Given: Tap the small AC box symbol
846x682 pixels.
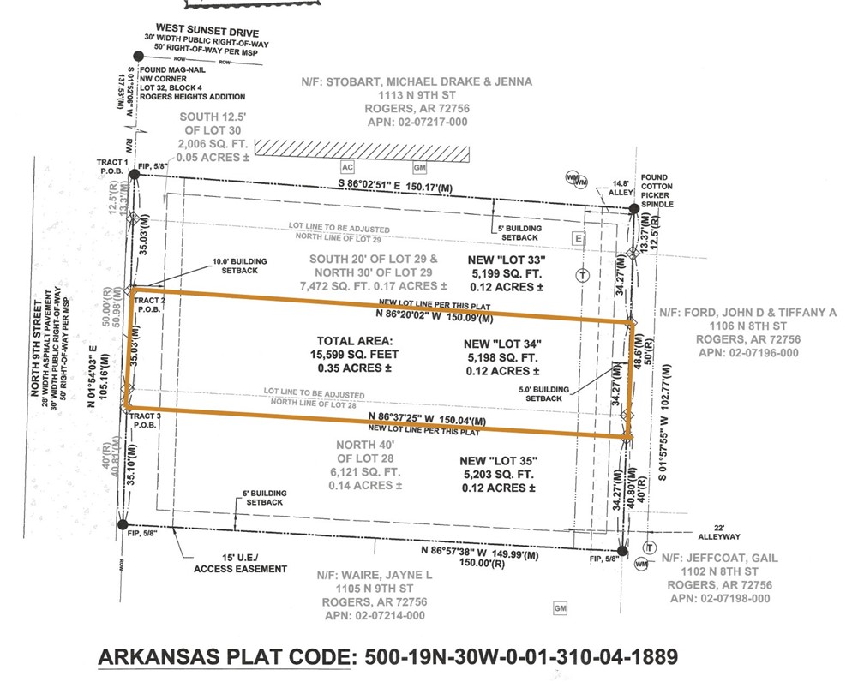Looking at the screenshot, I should tap(347, 167).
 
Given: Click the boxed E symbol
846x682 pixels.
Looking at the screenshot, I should tap(578, 237).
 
